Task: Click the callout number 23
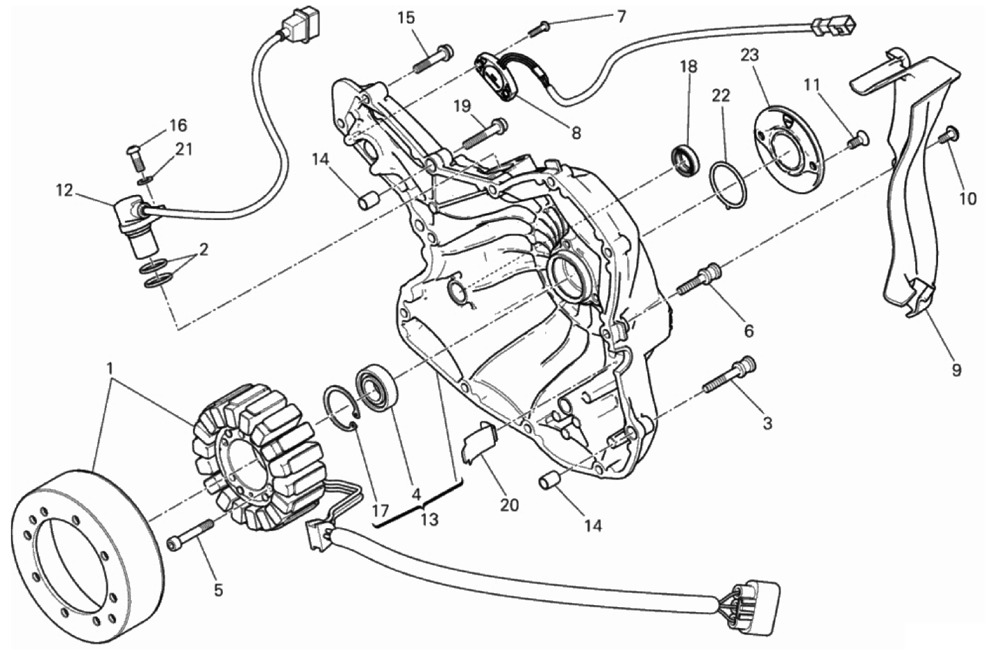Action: pyautogui.click(x=749, y=56)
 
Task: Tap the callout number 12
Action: pyautogui.click(x=64, y=191)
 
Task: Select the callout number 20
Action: pyautogui.click(x=509, y=505)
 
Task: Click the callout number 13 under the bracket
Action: pyautogui.click(x=429, y=520)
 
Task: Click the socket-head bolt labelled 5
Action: pyautogui.click(x=191, y=535)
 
